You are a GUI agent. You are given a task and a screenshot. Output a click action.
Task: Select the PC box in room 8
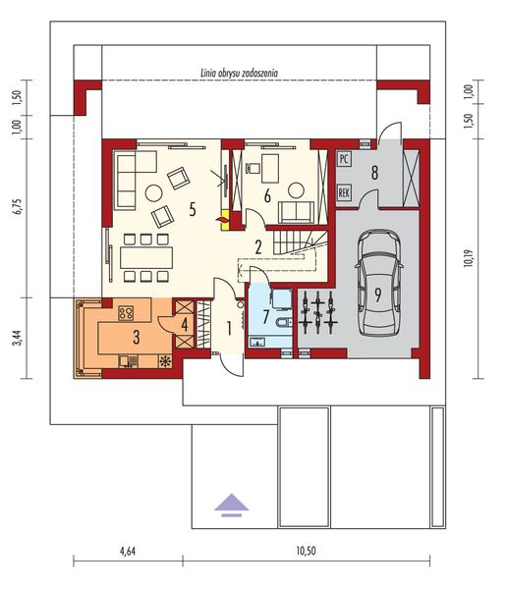point(344,157)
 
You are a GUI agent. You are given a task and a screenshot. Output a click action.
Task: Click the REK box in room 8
point(344,192)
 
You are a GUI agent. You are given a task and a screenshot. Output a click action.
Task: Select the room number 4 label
point(186,325)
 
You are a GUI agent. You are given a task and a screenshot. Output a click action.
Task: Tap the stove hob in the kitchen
point(126,314)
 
